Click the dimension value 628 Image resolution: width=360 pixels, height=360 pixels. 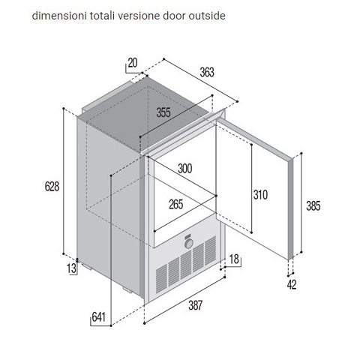pos(52,187)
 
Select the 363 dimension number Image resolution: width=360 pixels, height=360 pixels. pos(207,72)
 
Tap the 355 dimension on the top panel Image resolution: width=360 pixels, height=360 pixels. pos(163,112)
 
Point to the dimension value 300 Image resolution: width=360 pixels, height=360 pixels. pos(185,169)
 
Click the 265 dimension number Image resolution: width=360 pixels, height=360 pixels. pos(176,204)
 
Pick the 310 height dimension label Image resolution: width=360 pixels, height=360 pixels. pos(260,195)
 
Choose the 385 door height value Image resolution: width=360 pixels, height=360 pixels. pos(313,206)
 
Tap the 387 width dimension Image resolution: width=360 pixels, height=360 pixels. pos(195,305)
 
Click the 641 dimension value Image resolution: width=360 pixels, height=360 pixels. pos(99,317)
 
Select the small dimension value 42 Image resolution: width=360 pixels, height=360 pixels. pos(292,285)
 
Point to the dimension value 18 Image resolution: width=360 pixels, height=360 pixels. pos(234,259)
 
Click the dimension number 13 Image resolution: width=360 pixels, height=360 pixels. pos(71,268)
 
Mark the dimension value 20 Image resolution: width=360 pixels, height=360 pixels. pos(133,63)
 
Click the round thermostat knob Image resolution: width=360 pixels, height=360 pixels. pos(189,244)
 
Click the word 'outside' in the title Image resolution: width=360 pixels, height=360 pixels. pos(207,16)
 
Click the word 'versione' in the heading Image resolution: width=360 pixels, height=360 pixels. pos(139,16)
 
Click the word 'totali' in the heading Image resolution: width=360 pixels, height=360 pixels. pos(103,16)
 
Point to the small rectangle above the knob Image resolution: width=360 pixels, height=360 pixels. pos(188,237)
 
